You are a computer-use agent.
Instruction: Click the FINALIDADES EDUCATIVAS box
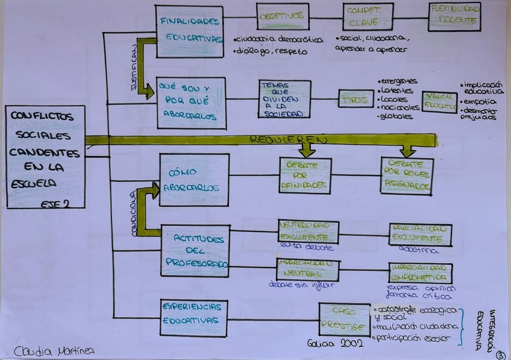coord(190,28)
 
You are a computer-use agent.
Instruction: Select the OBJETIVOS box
coord(282,17)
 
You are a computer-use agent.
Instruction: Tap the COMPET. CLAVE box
coord(363,17)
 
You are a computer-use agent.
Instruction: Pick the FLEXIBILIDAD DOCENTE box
coord(455,17)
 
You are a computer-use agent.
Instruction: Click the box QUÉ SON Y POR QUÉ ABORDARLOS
coord(191,103)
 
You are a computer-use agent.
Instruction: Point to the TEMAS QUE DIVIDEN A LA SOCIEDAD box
coord(284,98)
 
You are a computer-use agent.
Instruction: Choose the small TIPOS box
coord(356,98)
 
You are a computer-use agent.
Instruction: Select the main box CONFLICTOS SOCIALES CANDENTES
coord(45,156)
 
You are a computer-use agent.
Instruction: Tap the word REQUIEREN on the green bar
coord(289,140)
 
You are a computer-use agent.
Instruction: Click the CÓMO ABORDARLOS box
coord(194,180)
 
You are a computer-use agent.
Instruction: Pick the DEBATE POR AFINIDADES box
coord(305,175)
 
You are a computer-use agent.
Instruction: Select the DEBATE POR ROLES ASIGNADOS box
coord(407,176)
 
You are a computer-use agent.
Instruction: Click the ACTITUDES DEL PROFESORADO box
coord(195,250)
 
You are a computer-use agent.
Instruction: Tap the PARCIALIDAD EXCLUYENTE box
coord(420,235)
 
